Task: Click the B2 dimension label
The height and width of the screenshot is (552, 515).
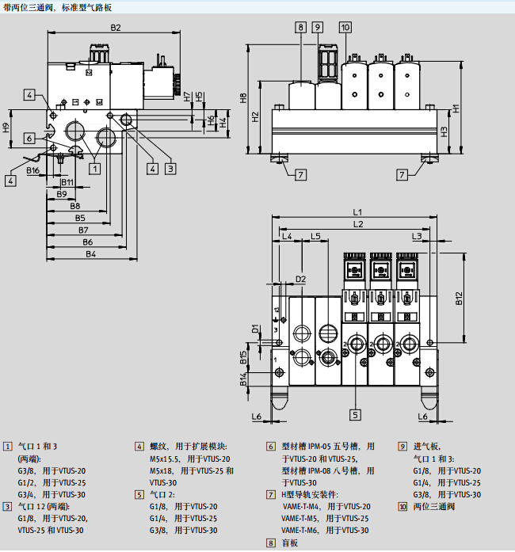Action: point(115,28)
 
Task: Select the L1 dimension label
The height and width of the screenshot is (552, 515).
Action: point(357,212)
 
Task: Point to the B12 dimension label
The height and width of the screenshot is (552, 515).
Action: point(459,299)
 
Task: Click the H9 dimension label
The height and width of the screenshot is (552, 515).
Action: point(6,127)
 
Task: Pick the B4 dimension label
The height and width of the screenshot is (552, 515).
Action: point(90,254)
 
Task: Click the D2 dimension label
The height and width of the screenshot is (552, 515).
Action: point(300,279)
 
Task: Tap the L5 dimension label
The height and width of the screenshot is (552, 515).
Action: point(315,236)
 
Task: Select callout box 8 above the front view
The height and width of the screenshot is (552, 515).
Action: point(301,27)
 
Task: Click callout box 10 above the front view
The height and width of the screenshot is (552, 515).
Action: point(345,27)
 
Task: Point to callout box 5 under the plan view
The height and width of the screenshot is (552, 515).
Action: point(357,413)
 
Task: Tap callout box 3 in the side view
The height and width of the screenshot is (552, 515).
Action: point(170,167)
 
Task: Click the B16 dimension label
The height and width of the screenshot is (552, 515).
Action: point(33,170)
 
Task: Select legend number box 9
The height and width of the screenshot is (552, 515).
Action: point(402,447)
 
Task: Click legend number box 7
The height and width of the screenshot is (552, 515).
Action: point(270,494)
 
